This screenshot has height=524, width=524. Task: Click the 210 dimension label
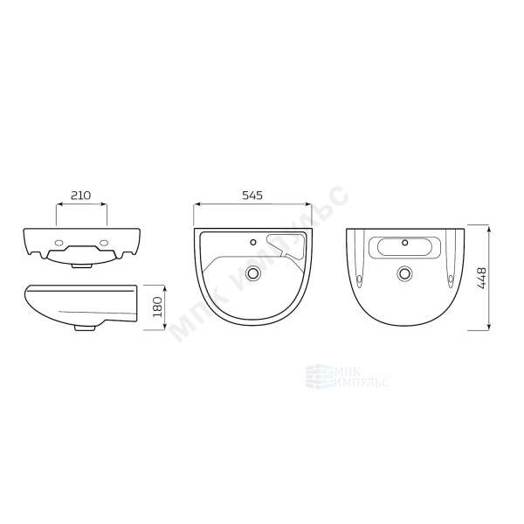tap(81, 195)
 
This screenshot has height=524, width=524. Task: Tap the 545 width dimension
tap(252, 195)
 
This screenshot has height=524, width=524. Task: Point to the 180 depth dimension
tap(157, 307)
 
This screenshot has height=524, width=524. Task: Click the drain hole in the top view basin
tap(253, 273)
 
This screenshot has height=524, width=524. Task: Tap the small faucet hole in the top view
tap(253, 242)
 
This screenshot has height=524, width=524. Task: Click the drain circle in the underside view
tap(404, 273)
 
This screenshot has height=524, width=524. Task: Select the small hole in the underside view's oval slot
tap(405, 243)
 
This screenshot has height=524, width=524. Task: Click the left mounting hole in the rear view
tap(60, 242)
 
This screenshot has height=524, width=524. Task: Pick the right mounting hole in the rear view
tap(104, 242)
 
